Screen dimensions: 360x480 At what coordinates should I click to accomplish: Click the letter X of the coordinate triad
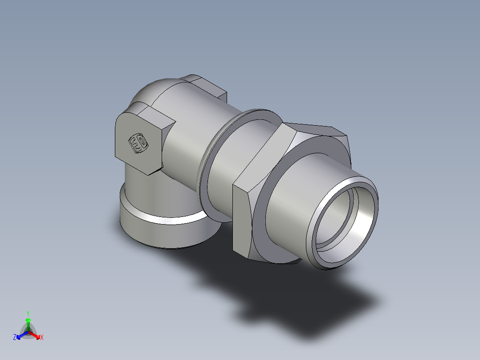point(42,338)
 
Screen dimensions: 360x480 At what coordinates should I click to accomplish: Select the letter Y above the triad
point(28,313)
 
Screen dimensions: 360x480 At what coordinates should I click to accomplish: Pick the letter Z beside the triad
point(15,338)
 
